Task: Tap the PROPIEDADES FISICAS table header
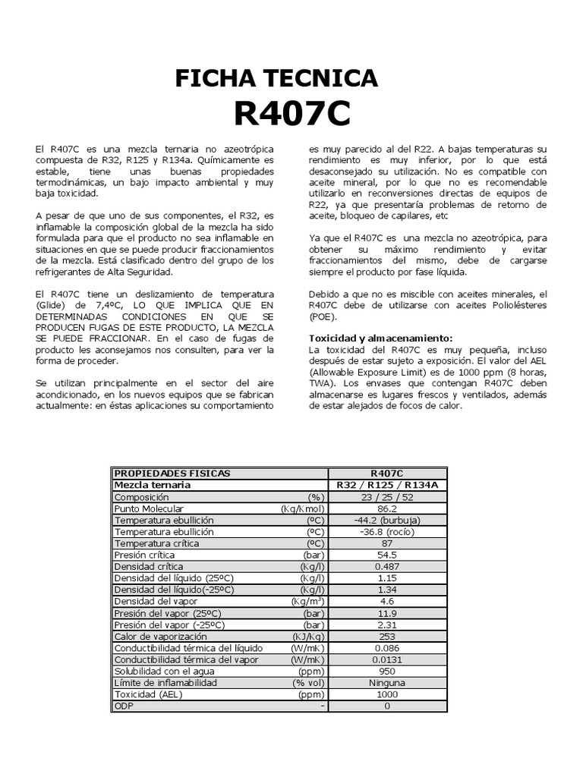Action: coord(172,473)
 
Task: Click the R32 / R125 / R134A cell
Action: coord(387,485)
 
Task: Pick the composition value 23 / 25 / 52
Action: coord(387,496)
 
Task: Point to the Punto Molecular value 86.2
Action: coord(387,508)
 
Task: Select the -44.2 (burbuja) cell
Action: coord(387,521)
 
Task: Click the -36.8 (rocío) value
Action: coord(387,532)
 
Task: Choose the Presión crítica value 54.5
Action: coord(387,555)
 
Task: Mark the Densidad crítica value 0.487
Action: coord(387,567)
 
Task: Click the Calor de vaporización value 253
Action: coord(387,636)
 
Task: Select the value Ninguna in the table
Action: coord(387,682)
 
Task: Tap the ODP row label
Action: coord(122,706)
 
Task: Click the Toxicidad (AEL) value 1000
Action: coord(387,694)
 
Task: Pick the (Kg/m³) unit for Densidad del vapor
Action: coord(307,601)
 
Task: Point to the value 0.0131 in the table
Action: coord(387,659)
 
